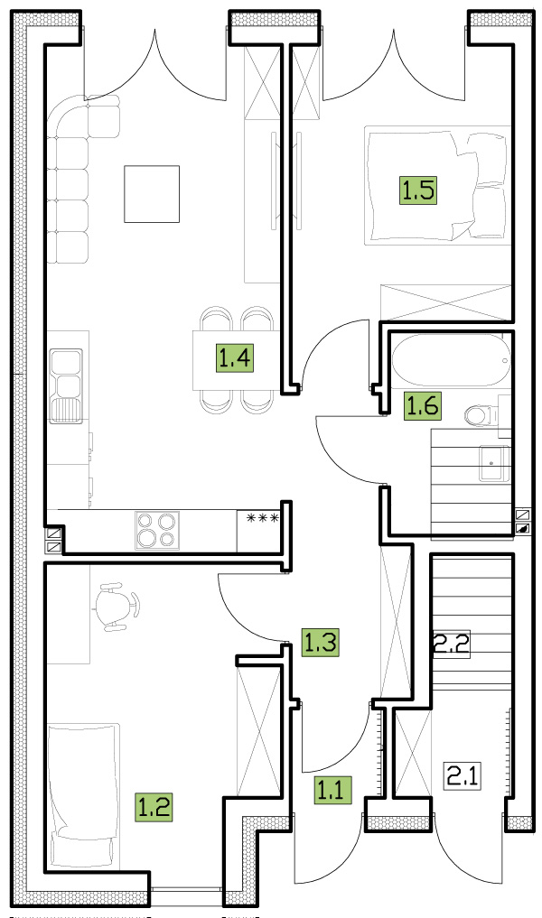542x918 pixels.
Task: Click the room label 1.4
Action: tap(236, 357)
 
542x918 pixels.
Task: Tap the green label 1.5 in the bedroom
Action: tap(419, 190)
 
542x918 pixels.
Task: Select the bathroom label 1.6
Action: tap(423, 406)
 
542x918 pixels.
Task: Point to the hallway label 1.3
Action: tap(321, 643)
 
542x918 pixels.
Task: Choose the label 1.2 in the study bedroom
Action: tap(154, 806)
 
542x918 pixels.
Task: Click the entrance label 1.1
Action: tap(333, 789)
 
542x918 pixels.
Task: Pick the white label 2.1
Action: tap(463, 776)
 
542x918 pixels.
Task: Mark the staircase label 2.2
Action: tap(452, 645)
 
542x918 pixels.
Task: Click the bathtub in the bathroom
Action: tap(451, 361)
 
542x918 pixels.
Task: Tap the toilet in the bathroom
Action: tap(481, 416)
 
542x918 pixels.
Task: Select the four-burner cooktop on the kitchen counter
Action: tap(157, 531)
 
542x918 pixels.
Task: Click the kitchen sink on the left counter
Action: tap(66, 385)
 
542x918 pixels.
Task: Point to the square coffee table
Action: tap(152, 194)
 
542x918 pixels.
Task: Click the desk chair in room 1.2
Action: tap(120, 607)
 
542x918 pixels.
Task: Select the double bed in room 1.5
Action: tap(437, 184)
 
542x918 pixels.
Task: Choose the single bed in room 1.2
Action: tap(83, 795)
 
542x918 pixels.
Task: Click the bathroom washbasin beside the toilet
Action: tap(493, 463)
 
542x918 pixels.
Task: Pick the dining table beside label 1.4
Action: tap(236, 360)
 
